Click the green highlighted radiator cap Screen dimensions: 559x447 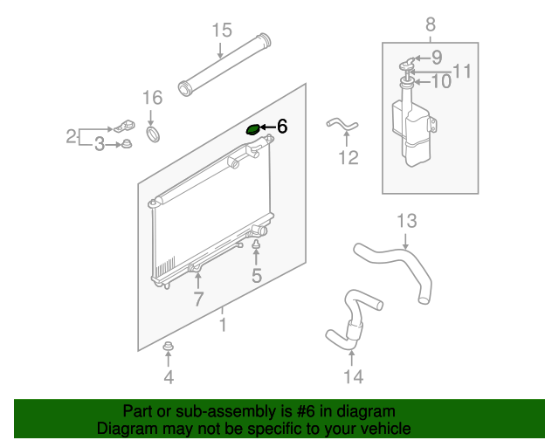coord(253,130)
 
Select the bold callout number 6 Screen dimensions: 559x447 coord(282,127)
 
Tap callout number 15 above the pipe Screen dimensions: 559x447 coord(222,31)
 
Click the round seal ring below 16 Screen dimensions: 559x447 coord(154,134)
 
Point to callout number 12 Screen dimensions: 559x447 coord(349,157)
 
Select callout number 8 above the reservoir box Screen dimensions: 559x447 coord(431,24)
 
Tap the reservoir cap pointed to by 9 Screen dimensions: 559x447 coord(407,64)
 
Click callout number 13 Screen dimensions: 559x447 coord(407,221)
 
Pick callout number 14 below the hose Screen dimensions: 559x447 coord(353,377)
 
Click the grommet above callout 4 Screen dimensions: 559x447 coord(168,346)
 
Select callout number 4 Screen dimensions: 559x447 coord(169,377)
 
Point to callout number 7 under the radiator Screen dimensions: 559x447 coord(198,299)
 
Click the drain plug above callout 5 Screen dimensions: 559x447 coord(256,244)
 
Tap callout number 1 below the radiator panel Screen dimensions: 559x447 coord(223,325)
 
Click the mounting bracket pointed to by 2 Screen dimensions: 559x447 coord(124,126)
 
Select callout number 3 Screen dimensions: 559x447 coord(100,144)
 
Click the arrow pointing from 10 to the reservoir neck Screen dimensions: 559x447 coord(423,82)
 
